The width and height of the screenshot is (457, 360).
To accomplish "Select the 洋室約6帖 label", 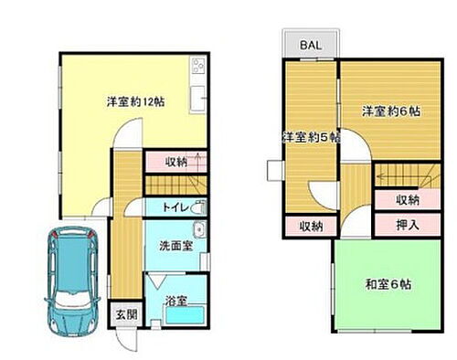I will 390,111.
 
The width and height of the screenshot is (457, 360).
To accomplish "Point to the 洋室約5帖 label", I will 310,138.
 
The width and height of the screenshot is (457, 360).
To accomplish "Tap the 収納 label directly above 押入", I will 409,198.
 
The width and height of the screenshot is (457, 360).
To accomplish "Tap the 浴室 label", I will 175,300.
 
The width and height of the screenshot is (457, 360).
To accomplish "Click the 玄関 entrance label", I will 123,315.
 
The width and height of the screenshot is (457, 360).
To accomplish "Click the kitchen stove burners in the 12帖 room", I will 197,67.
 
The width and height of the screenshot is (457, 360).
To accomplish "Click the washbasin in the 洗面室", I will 199,230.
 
